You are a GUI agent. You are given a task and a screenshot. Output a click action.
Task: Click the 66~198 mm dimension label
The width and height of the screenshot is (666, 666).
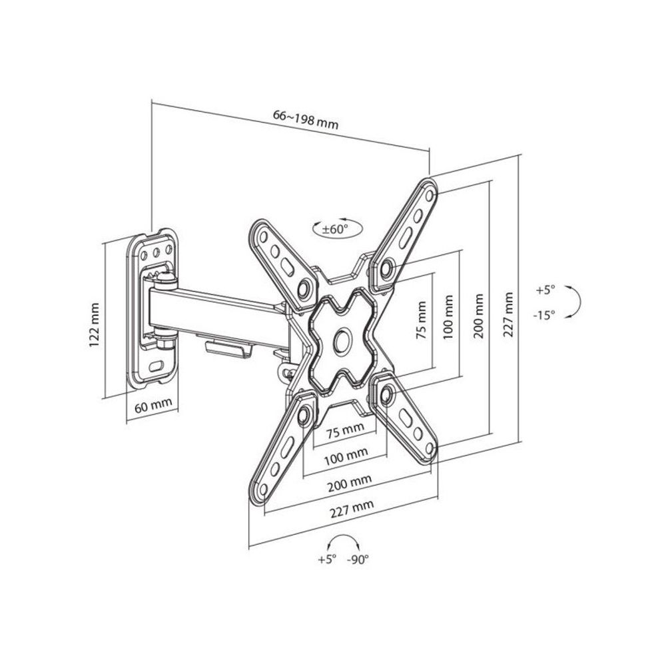click(x=306, y=119)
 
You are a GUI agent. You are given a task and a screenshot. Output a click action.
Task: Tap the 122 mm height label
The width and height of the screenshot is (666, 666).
click(x=95, y=326)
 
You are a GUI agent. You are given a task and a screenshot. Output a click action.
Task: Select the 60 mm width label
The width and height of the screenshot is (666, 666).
click(x=153, y=406)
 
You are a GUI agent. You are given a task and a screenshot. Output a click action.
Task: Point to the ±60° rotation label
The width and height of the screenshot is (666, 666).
click(x=335, y=229)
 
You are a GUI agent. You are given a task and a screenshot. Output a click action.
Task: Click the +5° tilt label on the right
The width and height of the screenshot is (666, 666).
click(x=545, y=290)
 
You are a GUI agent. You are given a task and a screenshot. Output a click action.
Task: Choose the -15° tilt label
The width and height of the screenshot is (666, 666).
click(x=544, y=315)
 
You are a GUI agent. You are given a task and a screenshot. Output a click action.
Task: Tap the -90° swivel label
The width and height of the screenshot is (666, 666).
click(x=358, y=560)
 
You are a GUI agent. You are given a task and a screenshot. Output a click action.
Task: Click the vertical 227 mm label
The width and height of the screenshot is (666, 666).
click(x=508, y=314)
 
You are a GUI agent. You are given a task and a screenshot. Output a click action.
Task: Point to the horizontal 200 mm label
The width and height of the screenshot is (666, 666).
click(x=350, y=483)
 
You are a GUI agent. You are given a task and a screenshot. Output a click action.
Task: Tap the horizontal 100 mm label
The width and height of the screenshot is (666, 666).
click(x=346, y=457)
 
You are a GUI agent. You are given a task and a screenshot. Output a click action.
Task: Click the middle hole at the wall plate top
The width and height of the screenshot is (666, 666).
click(x=157, y=252)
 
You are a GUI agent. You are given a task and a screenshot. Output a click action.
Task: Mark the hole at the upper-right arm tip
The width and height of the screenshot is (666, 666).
click(x=429, y=195)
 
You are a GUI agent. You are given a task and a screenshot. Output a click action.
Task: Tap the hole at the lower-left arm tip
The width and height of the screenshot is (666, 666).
click(x=262, y=490)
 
